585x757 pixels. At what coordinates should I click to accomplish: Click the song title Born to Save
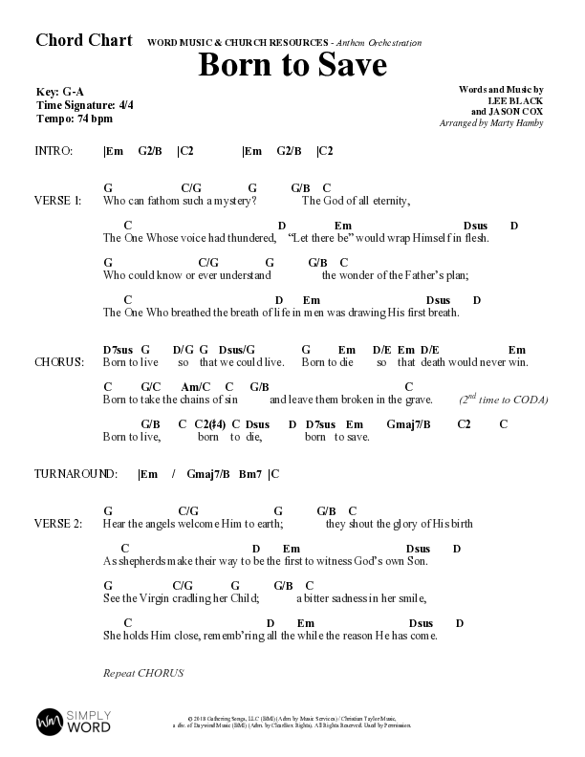[292, 66]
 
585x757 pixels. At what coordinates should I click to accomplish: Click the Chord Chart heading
[83, 40]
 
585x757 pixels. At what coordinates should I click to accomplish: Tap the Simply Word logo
[74, 720]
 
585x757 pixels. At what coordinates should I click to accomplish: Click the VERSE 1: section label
[57, 202]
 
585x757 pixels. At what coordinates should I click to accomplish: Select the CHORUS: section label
[59, 363]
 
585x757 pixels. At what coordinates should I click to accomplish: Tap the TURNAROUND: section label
[76, 474]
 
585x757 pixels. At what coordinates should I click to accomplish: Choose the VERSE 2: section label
[57, 524]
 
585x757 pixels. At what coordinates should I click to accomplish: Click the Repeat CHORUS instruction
[142, 673]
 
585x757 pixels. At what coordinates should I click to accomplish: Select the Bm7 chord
[250, 474]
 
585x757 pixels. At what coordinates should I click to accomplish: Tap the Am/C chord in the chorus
[194, 386]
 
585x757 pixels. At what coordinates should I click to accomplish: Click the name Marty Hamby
[522, 123]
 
